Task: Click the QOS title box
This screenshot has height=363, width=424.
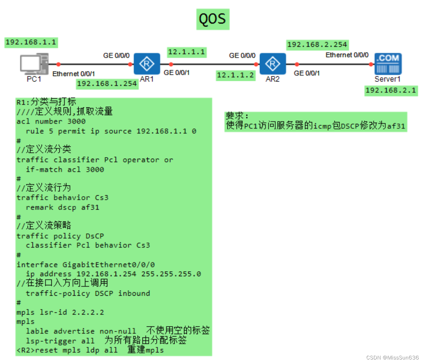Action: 212,19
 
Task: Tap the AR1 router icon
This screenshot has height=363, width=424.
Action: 147,64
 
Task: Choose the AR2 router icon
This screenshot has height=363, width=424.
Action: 272,64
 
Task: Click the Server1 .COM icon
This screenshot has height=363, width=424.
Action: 388,63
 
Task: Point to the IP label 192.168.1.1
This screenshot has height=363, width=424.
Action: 31,42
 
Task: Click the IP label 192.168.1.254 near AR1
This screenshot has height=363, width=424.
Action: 107,84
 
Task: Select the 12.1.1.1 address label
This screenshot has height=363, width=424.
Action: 187,52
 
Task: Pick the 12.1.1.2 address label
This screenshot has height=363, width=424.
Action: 235,75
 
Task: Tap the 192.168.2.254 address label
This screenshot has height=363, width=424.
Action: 317,45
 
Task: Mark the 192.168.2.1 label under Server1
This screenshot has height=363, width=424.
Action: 390,91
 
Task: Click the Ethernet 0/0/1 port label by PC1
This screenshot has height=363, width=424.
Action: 73,74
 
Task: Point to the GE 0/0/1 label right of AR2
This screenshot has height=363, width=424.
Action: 307,73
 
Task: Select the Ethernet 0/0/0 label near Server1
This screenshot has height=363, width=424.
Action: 347,55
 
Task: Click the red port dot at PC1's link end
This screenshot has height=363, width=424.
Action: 58,64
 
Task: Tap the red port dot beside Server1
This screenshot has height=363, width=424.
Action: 371,64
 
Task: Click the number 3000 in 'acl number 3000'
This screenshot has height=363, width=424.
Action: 76,121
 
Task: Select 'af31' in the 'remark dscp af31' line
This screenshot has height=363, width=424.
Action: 90,207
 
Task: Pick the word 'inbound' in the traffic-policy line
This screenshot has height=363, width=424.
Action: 134,293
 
